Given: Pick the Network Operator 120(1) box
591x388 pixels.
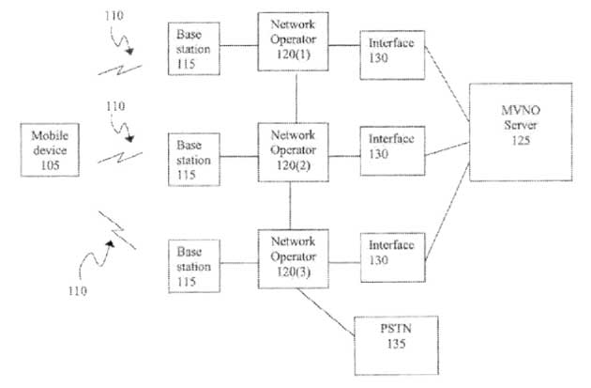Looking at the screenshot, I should [291, 42].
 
